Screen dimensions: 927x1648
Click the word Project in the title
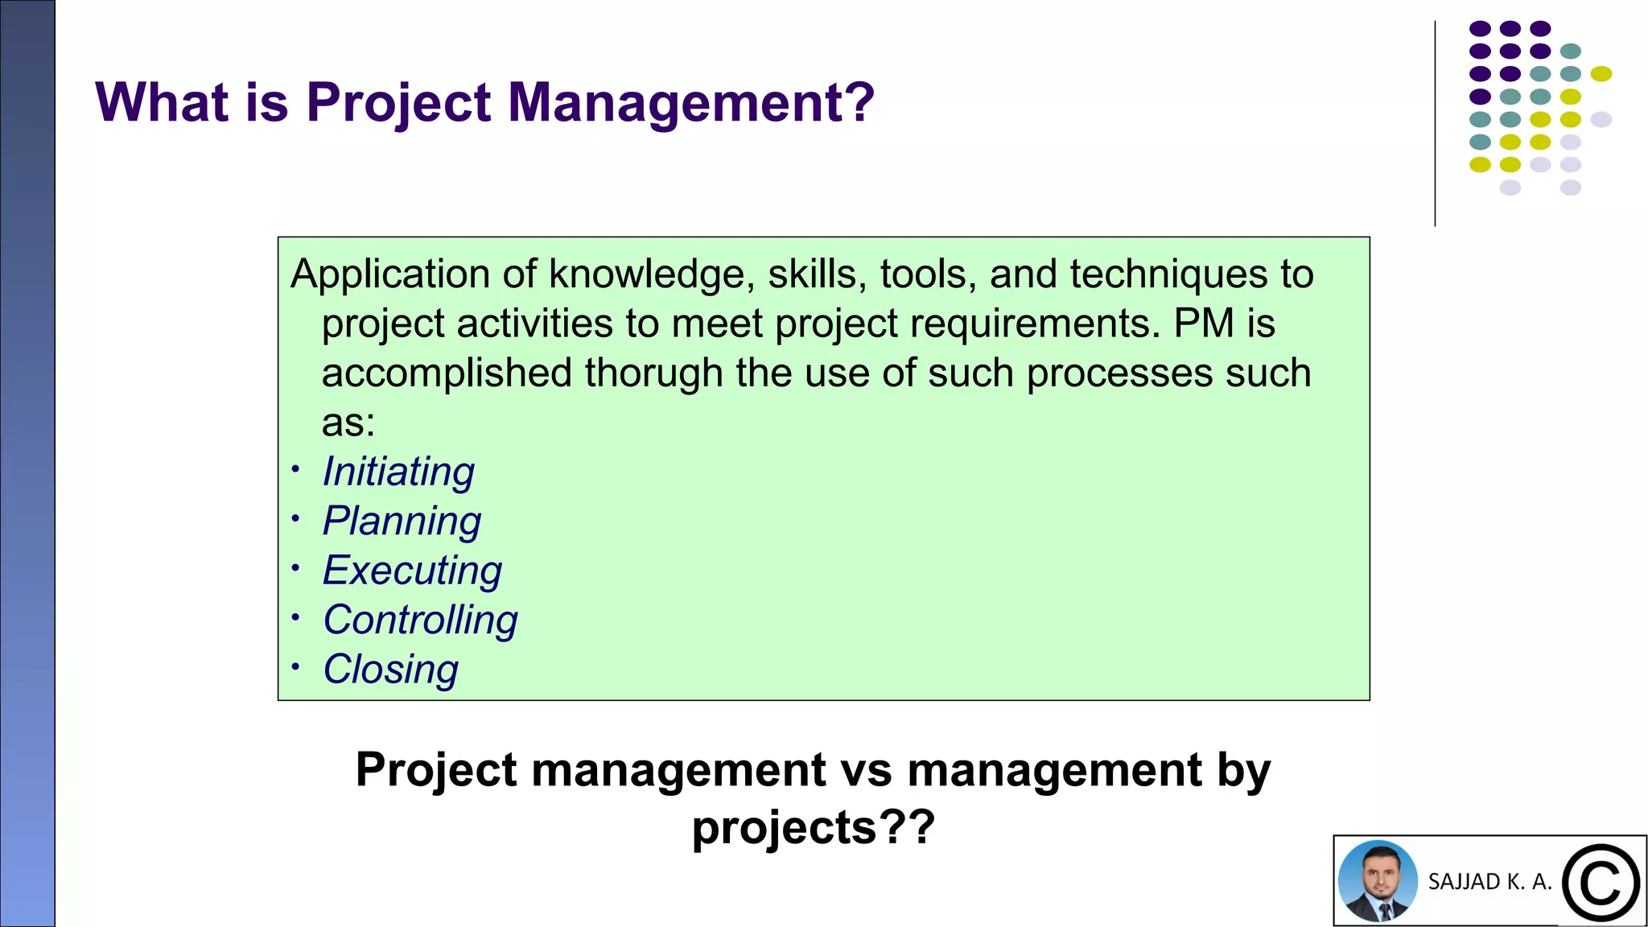pos(398,103)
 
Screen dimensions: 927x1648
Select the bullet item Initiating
pos(398,472)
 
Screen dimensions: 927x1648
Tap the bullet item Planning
pos(402,521)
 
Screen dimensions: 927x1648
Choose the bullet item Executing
pos(412,571)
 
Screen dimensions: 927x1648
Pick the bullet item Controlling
pos(420,620)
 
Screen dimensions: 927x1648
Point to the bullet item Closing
pos(390,669)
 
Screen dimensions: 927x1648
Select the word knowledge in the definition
pos(652,274)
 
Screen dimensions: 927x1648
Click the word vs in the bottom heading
pos(866,770)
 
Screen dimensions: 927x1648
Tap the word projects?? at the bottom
pos(813,828)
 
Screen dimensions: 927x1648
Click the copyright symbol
pos(1600,883)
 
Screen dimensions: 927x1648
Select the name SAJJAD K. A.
pos(1489,882)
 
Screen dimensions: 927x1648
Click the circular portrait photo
pos(1378,881)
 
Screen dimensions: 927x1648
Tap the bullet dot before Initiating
pos(296,469)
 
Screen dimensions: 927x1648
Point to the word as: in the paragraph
pos(348,422)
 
